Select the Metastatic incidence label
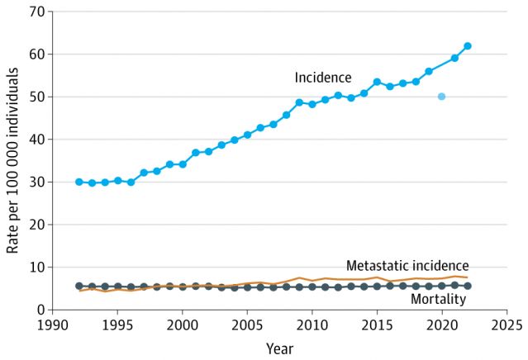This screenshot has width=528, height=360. [x=407, y=265]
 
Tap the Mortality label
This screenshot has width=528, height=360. [x=439, y=299]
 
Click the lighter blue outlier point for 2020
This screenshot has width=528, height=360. [x=441, y=97]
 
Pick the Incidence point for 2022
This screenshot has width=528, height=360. [x=468, y=46]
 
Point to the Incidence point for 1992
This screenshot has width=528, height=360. [x=79, y=182]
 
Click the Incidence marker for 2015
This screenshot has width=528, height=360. [x=377, y=82]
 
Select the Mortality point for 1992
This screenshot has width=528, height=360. [x=79, y=286]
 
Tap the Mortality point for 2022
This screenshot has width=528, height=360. [x=468, y=286]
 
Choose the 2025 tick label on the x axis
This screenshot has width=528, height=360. [x=506, y=325]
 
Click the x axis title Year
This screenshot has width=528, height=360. [x=279, y=348]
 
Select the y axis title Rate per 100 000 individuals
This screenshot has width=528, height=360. [x=12, y=161]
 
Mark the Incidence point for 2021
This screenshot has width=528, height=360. [x=454, y=58]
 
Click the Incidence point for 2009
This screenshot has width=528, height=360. [x=299, y=102]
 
